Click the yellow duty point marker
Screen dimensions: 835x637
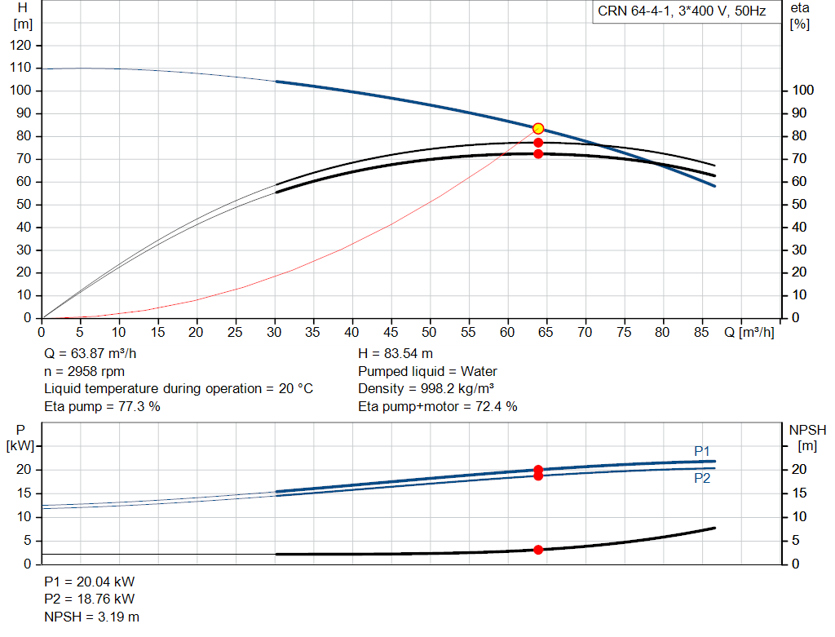click(538, 128)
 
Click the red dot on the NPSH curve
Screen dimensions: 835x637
click(538, 550)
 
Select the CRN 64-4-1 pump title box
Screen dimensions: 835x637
click(683, 11)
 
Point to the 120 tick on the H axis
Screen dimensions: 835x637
click(20, 46)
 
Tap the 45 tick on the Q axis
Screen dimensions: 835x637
click(391, 332)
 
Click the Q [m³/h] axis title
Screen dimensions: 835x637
click(749, 332)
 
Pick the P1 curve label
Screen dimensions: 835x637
click(702, 452)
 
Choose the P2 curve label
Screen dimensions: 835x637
click(702, 478)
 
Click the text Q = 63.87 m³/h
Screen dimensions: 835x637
click(90, 354)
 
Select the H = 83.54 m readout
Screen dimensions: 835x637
click(395, 354)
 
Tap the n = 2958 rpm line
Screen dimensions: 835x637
click(84, 371)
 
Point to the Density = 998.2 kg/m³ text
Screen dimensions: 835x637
click(426, 389)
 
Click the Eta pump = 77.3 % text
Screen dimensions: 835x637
click(102, 406)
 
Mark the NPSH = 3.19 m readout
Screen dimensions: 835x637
click(91, 617)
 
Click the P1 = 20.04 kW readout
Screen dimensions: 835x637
click(90, 582)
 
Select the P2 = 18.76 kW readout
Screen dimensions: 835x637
click(90, 599)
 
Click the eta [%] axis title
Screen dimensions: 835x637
click(800, 16)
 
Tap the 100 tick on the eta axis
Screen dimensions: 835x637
click(803, 90)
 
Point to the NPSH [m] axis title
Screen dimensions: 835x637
click(807, 438)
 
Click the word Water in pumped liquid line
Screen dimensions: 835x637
click(479, 371)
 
